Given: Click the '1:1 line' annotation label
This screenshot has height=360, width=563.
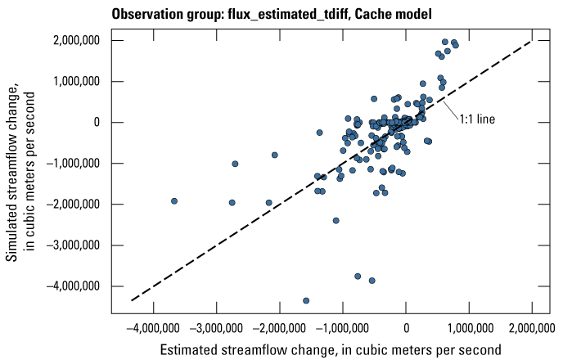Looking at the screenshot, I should pos(475,119).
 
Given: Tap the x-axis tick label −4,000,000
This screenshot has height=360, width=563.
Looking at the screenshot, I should pos(154,329).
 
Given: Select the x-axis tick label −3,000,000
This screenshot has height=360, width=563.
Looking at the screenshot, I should pos(217,329).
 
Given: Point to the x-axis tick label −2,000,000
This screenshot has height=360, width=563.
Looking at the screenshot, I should pos(280,329).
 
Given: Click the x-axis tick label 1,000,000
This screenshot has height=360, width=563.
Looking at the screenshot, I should pos(469,329).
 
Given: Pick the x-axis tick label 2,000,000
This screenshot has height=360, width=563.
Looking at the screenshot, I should pos(532,329).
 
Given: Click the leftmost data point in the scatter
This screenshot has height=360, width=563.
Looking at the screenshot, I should pos(174,201).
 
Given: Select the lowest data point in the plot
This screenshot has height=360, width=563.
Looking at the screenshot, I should pos(306,301).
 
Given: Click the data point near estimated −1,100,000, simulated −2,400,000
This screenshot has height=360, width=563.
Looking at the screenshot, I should pos(336,220).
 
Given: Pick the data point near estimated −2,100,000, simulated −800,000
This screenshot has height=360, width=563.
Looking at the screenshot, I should pos(275,155).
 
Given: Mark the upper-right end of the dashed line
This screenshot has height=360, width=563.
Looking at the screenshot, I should pos(532,41).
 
